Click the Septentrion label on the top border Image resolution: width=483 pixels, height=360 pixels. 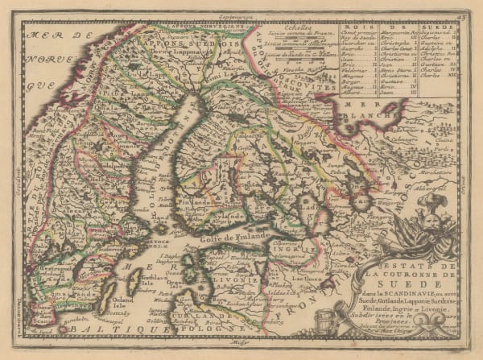click(x=245, y=16)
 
